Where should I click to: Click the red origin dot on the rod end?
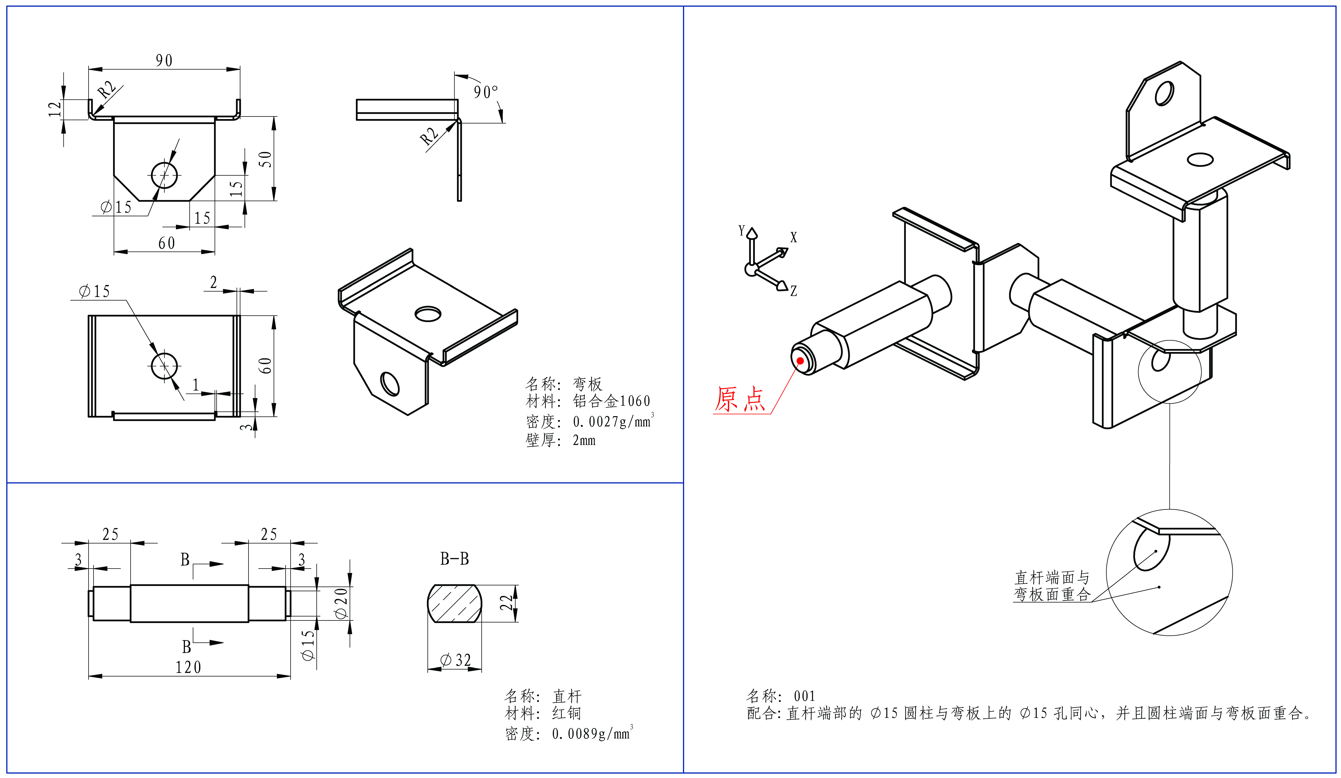coord(800,361)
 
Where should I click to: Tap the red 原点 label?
coord(740,399)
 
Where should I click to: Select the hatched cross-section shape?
coord(454,603)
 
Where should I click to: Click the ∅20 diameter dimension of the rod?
coord(341,603)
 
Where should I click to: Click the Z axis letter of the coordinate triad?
coord(793,291)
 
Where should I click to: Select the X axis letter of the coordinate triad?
coord(793,237)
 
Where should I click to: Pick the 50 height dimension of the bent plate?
coord(265,159)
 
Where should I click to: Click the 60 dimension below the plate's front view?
coord(167,243)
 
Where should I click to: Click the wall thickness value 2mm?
coord(584,440)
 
